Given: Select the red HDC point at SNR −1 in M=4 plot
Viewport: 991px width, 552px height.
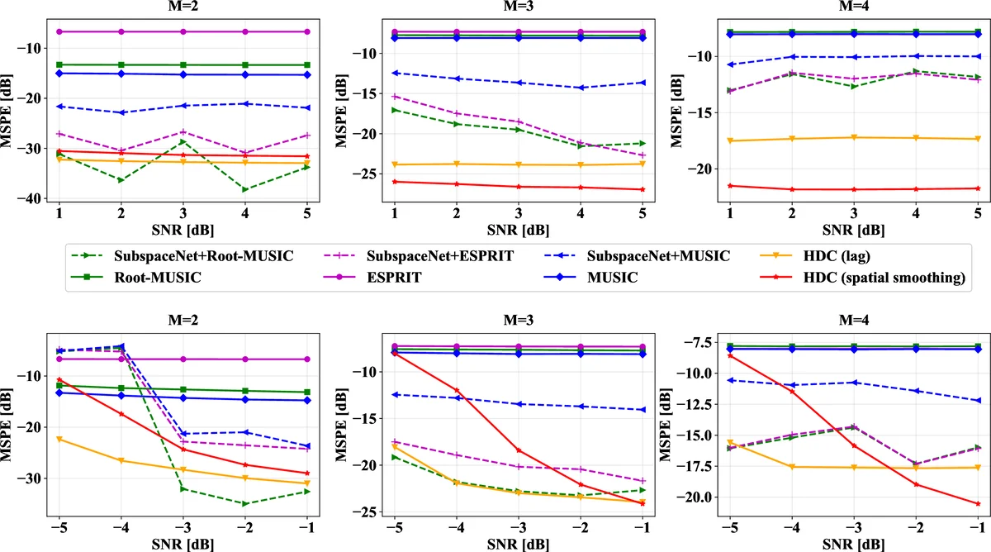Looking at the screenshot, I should click(x=979, y=503).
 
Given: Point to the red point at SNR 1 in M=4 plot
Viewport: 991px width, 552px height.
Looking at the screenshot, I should click(x=730, y=185).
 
